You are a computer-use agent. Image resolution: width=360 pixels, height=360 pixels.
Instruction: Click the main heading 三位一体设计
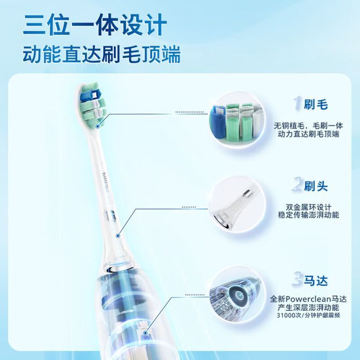(x=95, y=25)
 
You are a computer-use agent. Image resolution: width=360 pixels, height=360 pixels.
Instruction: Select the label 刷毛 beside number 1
(x=316, y=104)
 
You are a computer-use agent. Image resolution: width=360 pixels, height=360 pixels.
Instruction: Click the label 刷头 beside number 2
(x=316, y=186)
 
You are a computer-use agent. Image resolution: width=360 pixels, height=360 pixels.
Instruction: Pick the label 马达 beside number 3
(x=316, y=280)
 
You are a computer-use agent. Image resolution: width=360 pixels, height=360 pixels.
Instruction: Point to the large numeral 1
(x=298, y=103)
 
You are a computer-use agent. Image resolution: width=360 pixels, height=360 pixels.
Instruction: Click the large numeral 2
(x=298, y=185)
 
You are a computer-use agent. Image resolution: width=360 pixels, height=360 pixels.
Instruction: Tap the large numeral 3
(x=298, y=279)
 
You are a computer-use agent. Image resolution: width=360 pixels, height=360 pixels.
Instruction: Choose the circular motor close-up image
(x=237, y=297)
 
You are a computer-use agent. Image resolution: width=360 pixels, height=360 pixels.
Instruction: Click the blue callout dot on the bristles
(x=98, y=126)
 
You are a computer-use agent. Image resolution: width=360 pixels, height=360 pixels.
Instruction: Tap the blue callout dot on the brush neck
(x=118, y=235)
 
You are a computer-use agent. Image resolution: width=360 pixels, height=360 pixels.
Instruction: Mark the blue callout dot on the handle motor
(x=145, y=333)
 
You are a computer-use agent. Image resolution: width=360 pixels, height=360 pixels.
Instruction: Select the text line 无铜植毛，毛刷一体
(x=308, y=126)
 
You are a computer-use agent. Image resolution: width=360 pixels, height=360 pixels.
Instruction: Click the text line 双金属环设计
(x=308, y=207)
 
